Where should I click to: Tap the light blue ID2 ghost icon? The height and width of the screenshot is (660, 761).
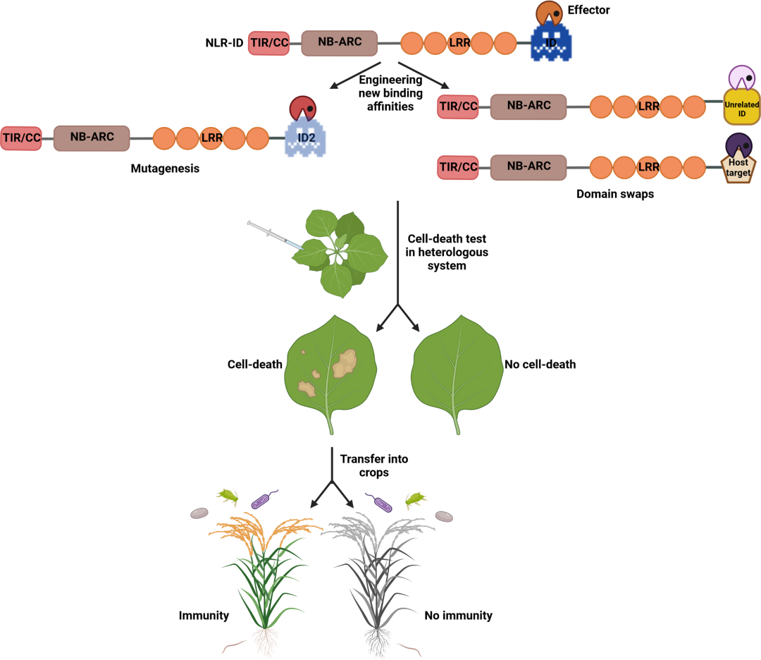point(305,137)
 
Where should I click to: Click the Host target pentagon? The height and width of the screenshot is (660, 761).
point(739,167)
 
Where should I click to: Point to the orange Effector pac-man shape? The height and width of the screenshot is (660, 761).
point(549,13)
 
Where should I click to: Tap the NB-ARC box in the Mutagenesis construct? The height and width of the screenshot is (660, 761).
point(91,137)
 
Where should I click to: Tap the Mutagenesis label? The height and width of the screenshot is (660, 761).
point(165,169)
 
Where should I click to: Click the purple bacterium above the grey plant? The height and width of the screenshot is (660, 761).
point(382,503)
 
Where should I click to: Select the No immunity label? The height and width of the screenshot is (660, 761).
point(458,616)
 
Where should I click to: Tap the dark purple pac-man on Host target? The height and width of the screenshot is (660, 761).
point(738,145)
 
